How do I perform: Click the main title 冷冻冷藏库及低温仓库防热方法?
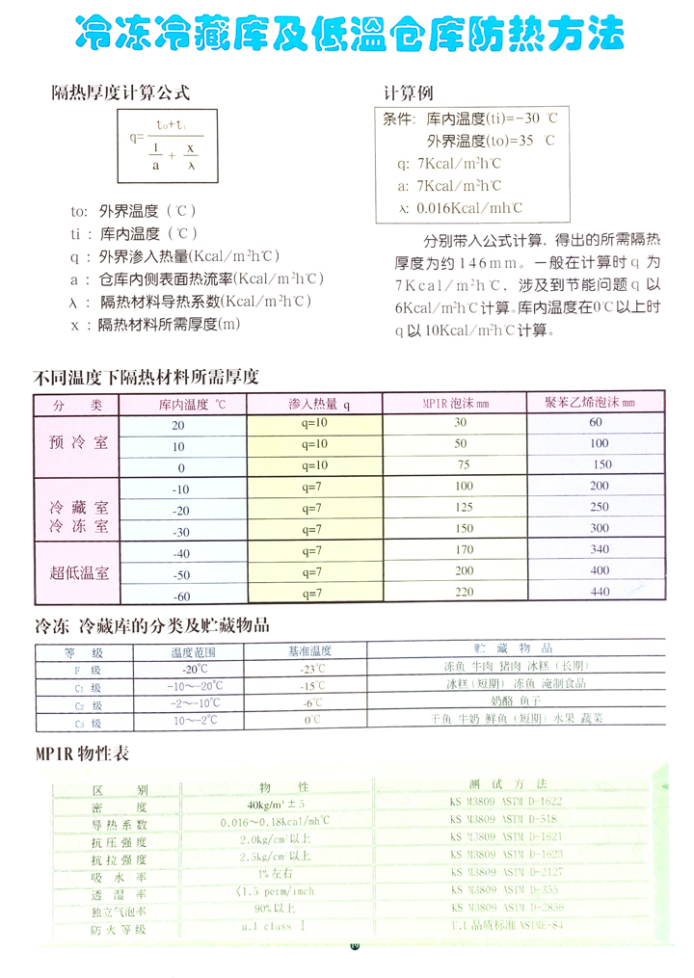pyautogui.click(x=349, y=35)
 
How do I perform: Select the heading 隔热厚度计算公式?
pyautogui.click(x=120, y=93)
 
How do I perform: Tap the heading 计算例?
pyautogui.click(x=410, y=93)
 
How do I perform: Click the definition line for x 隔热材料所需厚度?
pyautogui.click(x=154, y=325)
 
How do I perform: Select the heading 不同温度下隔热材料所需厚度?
pyautogui.click(x=146, y=378)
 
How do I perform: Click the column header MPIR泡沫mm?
pyautogui.click(x=456, y=403)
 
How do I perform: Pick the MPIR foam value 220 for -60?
pyautogui.click(x=465, y=593)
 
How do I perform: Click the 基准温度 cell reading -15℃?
pyautogui.click(x=310, y=686)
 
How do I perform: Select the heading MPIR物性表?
pyautogui.click(x=82, y=755)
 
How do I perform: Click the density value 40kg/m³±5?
pyautogui.click(x=276, y=806)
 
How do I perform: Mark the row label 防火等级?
pyautogui.click(x=118, y=929)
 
